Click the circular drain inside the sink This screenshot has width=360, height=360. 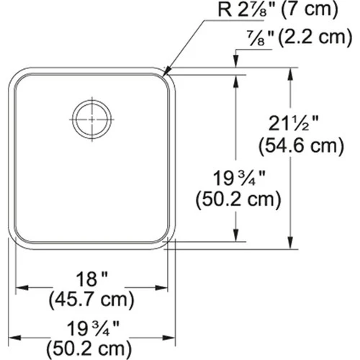(x=91, y=117)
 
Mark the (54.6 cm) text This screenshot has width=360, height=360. (x=298, y=148)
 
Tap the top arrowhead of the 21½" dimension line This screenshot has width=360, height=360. (x=291, y=73)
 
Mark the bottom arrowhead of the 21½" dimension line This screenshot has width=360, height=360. (x=291, y=245)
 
